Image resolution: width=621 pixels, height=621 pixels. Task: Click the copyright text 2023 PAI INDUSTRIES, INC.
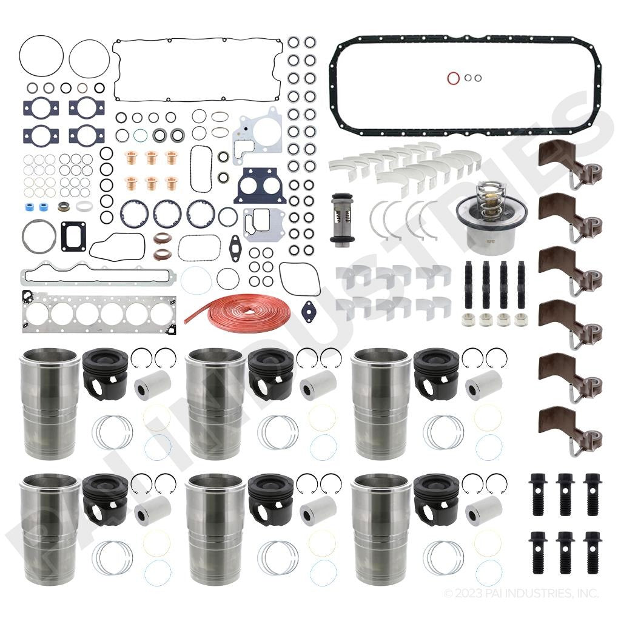point(522,592)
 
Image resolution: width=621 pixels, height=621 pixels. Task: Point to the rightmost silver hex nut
point(520,319)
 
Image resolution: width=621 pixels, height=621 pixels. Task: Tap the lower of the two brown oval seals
point(162,252)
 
